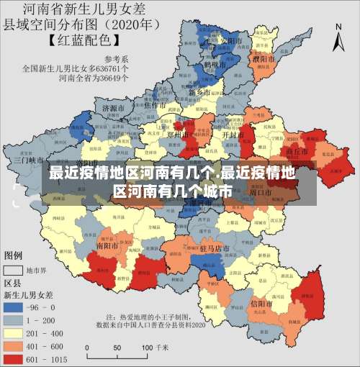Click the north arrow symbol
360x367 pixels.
[339, 37]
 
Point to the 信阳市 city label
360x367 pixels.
[261, 303]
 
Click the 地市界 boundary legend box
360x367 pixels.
[13, 271]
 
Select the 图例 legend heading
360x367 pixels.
[13, 255]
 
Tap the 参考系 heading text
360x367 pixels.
[116, 59]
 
